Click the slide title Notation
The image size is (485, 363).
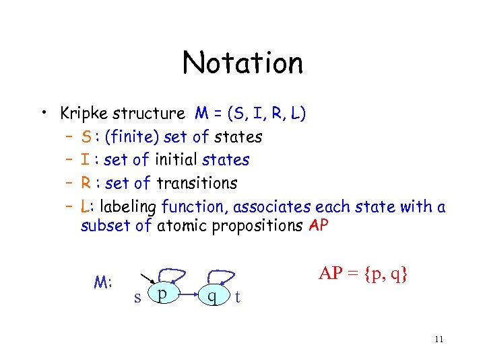click(243, 63)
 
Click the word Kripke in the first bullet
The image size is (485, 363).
click(84, 114)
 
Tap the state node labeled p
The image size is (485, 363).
click(162, 294)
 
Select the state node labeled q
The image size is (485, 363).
click(212, 295)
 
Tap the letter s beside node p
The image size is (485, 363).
click(137, 297)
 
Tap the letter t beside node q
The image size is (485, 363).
click(236, 297)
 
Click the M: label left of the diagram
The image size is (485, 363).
click(102, 282)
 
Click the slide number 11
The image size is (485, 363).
click(439, 339)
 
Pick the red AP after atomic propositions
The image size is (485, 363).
click(318, 225)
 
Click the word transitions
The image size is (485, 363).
click(197, 183)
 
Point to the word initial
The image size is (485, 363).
click(176, 160)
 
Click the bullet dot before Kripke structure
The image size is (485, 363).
click(42, 113)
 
